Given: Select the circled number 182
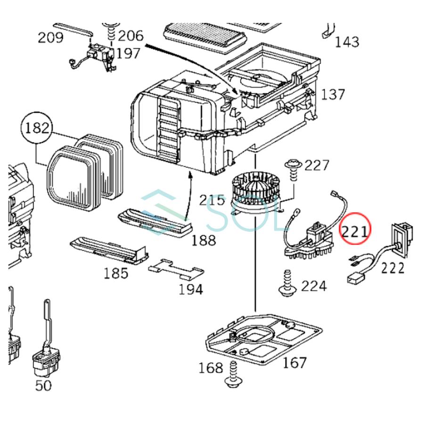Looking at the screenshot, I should (37, 128).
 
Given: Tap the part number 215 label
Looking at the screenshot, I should (212, 200).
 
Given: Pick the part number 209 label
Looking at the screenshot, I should (50, 38).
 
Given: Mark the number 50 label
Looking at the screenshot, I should (43, 385).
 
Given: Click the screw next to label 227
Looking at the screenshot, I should (292, 170).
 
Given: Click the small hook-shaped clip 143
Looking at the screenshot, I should (328, 31).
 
